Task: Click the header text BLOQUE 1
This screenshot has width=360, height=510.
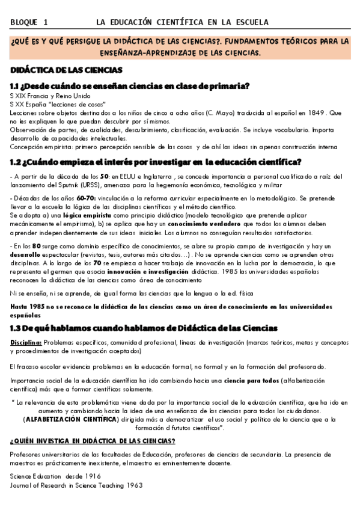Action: click(29, 22)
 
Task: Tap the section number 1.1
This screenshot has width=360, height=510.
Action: click(17, 85)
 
